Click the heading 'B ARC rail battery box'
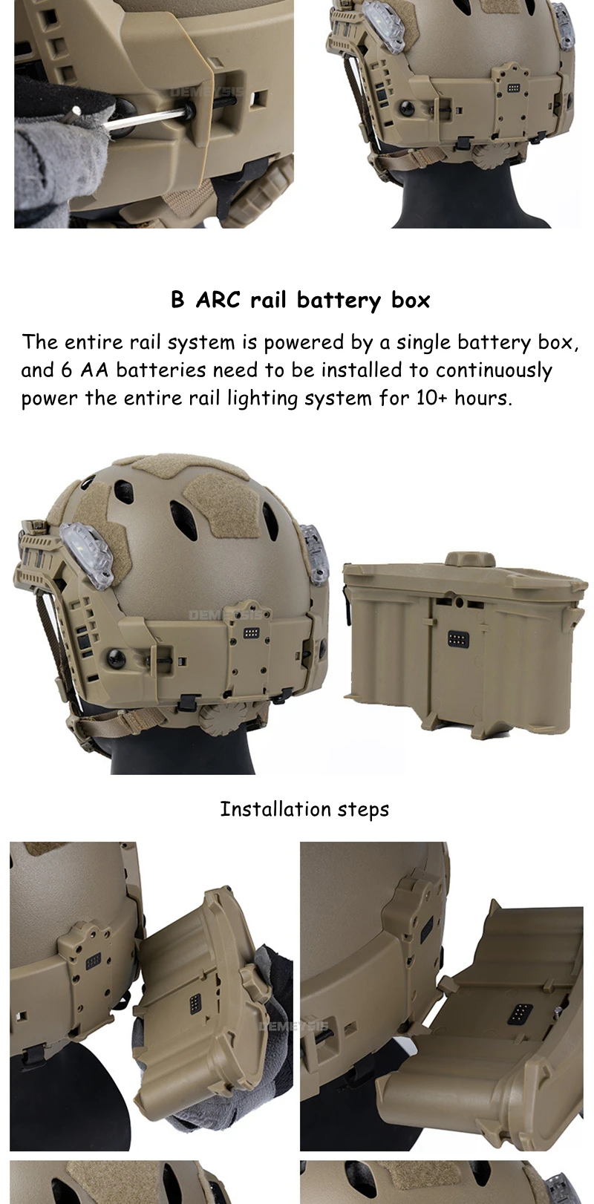pyautogui.click(x=301, y=300)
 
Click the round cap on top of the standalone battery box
pyautogui.click(x=470, y=558)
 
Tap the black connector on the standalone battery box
pyautogui.click(x=457, y=638)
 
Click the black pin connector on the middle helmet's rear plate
pyautogui.click(x=251, y=632)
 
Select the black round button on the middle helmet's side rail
pyautogui.click(x=115, y=655)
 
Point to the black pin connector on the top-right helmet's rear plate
pyautogui.click(x=513, y=87)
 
